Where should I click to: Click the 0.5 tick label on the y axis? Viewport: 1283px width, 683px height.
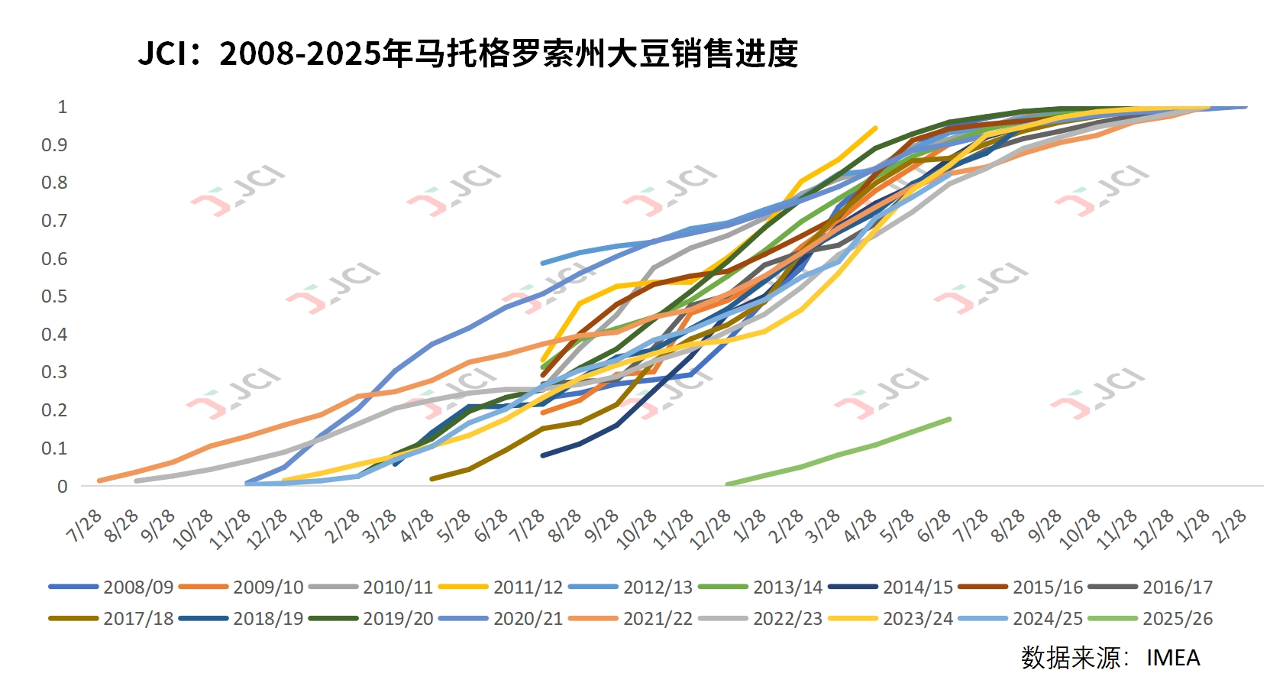coord(54,296)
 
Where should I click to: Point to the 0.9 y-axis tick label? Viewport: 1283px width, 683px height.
coord(54,145)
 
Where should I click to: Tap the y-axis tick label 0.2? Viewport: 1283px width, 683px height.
coord(54,410)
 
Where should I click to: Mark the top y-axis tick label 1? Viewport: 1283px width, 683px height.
coord(63,107)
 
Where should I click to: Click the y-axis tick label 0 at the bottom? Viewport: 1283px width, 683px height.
coord(63,487)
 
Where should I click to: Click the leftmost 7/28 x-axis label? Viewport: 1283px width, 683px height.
coord(84,526)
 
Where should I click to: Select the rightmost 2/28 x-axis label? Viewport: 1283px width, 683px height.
coord(1230,526)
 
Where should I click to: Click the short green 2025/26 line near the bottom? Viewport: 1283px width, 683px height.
coord(840,451)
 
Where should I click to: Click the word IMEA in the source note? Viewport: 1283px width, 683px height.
coord(1173,658)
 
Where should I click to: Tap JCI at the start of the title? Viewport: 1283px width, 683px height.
coord(162,54)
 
